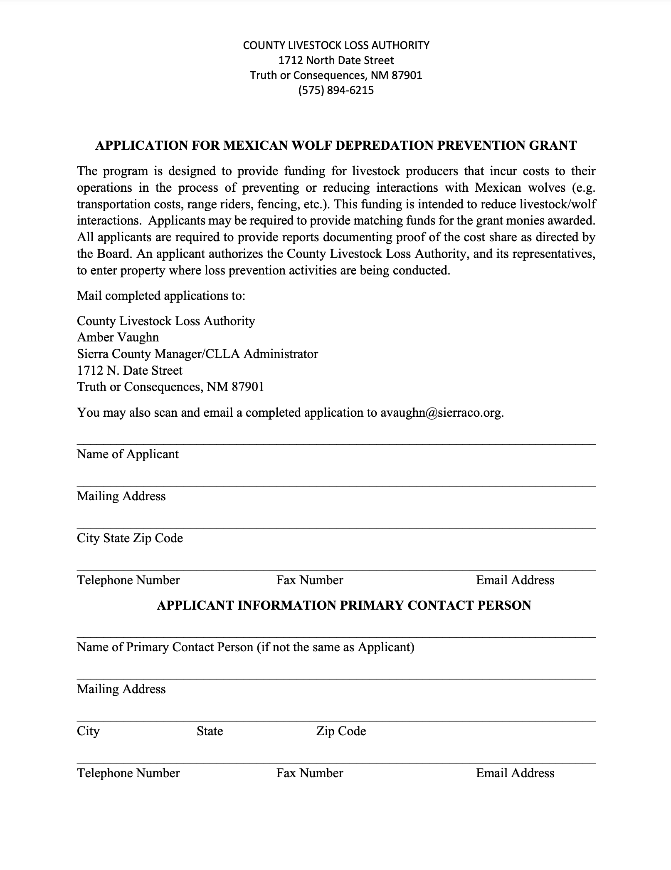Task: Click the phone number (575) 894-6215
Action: (336, 90)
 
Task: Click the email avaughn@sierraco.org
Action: (442, 413)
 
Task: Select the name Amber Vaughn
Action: (118, 337)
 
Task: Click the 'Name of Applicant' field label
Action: (128, 454)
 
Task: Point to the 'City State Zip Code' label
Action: (130, 538)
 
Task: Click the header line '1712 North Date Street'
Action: (336, 60)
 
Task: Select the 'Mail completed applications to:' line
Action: (161, 296)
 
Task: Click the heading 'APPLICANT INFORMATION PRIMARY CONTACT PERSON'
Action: (344, 605)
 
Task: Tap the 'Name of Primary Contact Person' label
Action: (245, 647)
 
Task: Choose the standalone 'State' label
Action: (210, 731)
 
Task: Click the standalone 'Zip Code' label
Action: (341, 731)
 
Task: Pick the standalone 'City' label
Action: (88, 731)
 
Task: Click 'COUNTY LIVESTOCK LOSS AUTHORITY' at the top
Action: (336, 45)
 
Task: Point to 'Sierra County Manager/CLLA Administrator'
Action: (197, 354)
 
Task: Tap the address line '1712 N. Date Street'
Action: (130, 371)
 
